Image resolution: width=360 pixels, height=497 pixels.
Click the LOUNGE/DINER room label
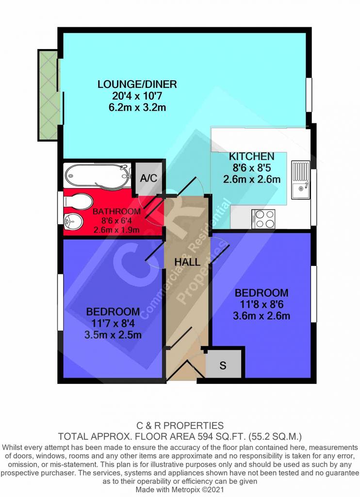coord(137,84)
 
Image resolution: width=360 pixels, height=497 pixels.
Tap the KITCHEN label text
coord(252,156)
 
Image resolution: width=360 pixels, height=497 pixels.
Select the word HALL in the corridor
coord(187,262)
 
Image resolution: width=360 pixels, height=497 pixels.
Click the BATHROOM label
coord(116,212)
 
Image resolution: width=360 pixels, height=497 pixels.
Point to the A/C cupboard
coord(148,178)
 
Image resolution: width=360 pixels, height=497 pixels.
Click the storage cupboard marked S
coord(223,365)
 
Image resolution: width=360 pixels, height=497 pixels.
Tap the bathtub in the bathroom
coord(98,175)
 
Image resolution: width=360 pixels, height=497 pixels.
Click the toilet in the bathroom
coord(78,202)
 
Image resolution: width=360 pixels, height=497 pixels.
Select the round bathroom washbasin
coord(73,222)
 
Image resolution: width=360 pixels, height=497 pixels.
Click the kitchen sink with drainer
coord(300,180)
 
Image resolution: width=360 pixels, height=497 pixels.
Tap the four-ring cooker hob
coord(263,219)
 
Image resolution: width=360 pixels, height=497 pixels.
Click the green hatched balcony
coord(49,95)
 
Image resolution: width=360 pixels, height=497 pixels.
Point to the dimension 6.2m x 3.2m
coord(137,107)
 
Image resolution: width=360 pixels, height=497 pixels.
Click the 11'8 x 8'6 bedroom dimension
coord(262,304)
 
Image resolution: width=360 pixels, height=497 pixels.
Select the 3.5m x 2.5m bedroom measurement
coord(113,335)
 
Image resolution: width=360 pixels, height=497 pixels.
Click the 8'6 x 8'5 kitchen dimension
coord(252,167)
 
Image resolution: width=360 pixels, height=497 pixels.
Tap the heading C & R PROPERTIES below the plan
coord(180,425)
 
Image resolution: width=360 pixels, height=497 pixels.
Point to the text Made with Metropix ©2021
coord(180,489)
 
